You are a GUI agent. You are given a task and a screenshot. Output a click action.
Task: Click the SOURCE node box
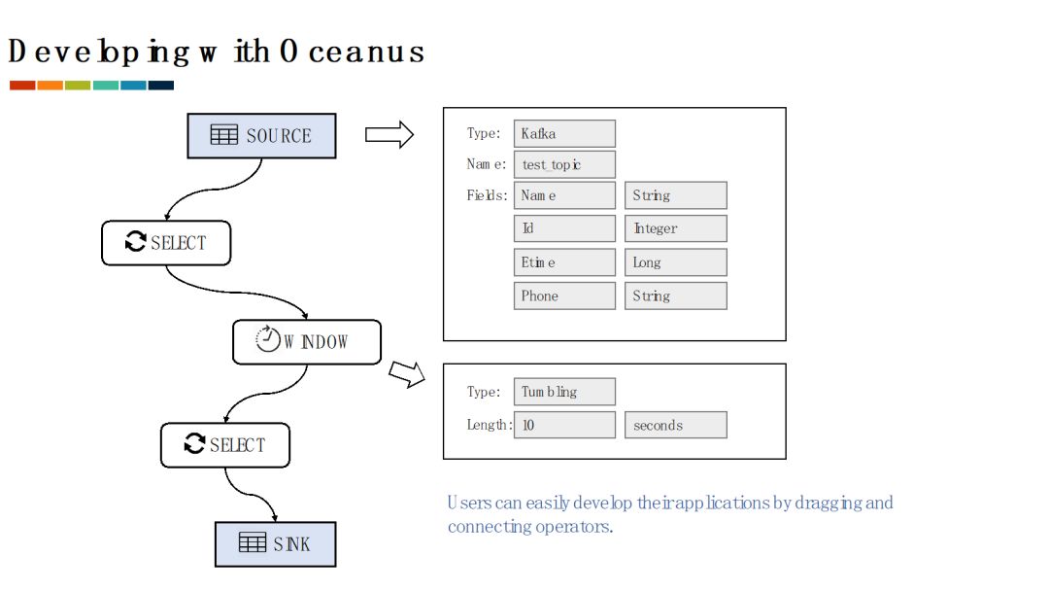pyautogui.click(x=261, y=136)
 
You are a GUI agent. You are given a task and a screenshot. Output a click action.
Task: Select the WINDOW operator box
pyautogui.click(x=307, y=341)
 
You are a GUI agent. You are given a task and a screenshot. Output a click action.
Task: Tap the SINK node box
pyautogui.click(x=275, y=544)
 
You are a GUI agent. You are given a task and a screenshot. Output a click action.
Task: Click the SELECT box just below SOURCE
pyautogui.click(x=166, y=243)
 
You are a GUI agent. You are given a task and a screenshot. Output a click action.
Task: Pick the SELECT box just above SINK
pyautogui.click(x=225, y=445)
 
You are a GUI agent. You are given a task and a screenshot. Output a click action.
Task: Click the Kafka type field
pyautogui.click(x=564, y=133)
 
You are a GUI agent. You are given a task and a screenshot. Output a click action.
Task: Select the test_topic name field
pyautogui.click(x=564, y=164)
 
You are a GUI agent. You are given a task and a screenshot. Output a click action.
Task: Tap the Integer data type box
pyautogui.click(x=675, y=228)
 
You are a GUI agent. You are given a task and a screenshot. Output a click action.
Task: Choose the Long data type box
pyautogui.click(x=675, y=262)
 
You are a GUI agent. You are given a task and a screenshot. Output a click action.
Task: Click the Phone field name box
pyautogui.click(x=564, y=295)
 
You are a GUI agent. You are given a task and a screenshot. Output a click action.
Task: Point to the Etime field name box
pyautogui.click(x=564, y=262)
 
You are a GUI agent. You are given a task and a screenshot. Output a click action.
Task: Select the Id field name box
pyautogui.click(x=564, y=228)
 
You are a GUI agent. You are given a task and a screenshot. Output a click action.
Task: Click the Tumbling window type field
pyautogui.click(x=564, y=392)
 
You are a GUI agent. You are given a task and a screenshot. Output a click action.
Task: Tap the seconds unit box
pyautogui.click(x=675, y=425)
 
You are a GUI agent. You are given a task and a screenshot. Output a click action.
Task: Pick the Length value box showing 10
pyautogui.click(x=564, y=425)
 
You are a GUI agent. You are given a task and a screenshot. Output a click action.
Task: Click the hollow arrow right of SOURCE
pyautogui.click(x=389, y=135)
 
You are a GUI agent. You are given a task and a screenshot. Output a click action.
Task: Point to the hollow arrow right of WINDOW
pyautogui.click(x=407, y=374)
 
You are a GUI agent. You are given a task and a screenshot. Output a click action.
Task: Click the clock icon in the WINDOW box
pyautogui.click(x=267, y=339)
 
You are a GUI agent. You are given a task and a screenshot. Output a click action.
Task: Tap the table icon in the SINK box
pyautogui.click(x=253, y=543)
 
